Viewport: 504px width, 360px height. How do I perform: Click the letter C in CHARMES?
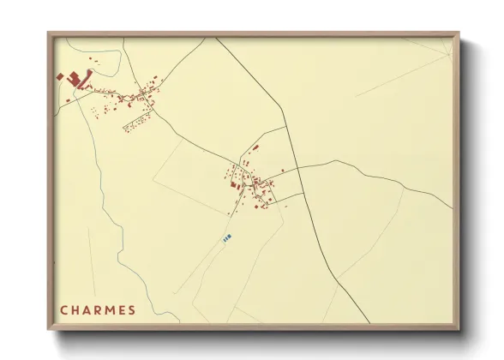[x=63, y=309]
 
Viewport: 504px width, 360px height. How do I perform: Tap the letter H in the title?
[x=75, y=309]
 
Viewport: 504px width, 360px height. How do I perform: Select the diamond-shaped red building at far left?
[x=59, y=76]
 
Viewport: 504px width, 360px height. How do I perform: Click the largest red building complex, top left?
[x=75, y=79]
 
